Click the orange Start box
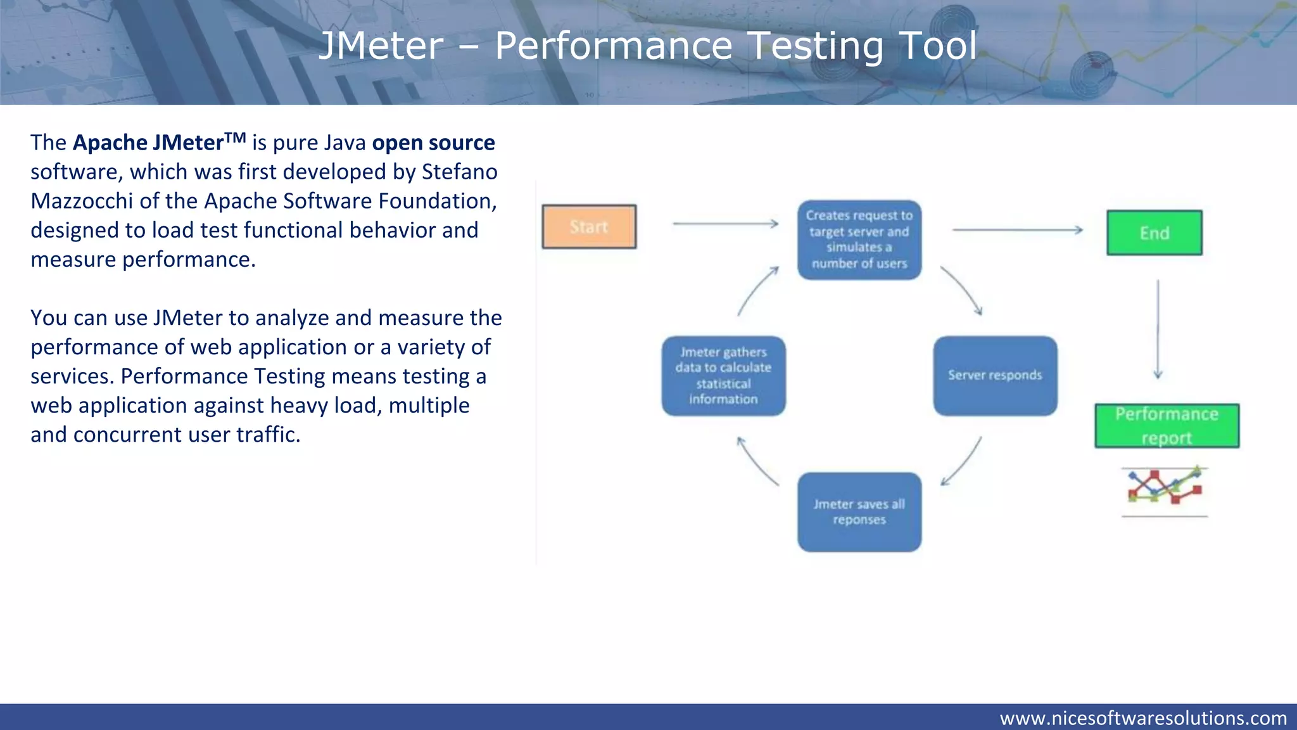point(589,227)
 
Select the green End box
point(1154,233)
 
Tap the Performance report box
point(1167,426)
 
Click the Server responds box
point(995,376)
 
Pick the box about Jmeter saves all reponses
point(859,512)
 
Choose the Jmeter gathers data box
point(723,376)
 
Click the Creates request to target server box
point(859,240)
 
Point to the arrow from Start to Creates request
point(725,224)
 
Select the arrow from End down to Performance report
point(1158,330)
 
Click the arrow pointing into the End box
point(1018,230)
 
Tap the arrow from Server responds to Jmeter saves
point(962,462)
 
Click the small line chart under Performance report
point(1164,487)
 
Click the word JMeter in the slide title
point(381,46)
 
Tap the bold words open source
point(433,143)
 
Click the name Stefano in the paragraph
point(459,172)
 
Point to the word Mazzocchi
point(82,202)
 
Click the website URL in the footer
point(1142,718)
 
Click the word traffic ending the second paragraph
point(267,435)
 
